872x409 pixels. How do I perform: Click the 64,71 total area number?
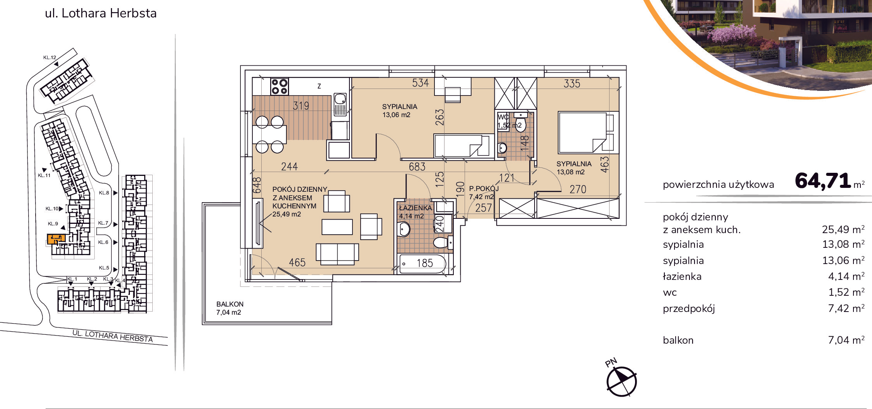click(x=823, y=181)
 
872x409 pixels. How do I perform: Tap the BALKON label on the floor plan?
click(x=230, y=304)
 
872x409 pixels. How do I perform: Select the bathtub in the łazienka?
click(x=423, y=264)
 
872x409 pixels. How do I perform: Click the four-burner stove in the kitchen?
click(x=279, y=87)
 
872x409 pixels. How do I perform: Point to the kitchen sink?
click(x=341, y=104)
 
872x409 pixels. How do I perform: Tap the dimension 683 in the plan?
click(x=417, y=167)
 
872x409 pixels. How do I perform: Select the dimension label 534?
click(x=421, y=83)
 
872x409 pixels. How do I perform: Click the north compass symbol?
click(x=621, y=382)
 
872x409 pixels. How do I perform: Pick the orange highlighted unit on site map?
click(x=56, y=239)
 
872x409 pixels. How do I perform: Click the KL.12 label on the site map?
click(x=50, y=58)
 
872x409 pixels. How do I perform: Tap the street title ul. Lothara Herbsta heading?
click(x=101, y=13)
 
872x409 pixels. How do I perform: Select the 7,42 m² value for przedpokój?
click(x=846, y=308)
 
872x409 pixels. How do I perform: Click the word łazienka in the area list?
click(x=682, y=276)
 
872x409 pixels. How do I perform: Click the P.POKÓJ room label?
click(x=484, y=189)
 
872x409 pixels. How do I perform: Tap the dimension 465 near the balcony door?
click(x=297, y=262)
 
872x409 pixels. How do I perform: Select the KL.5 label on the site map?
click(x=104, y=268)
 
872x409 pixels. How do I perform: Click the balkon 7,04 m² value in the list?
click(x=846, y=340)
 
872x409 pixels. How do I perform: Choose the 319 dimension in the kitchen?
click(x=301, y=106)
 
